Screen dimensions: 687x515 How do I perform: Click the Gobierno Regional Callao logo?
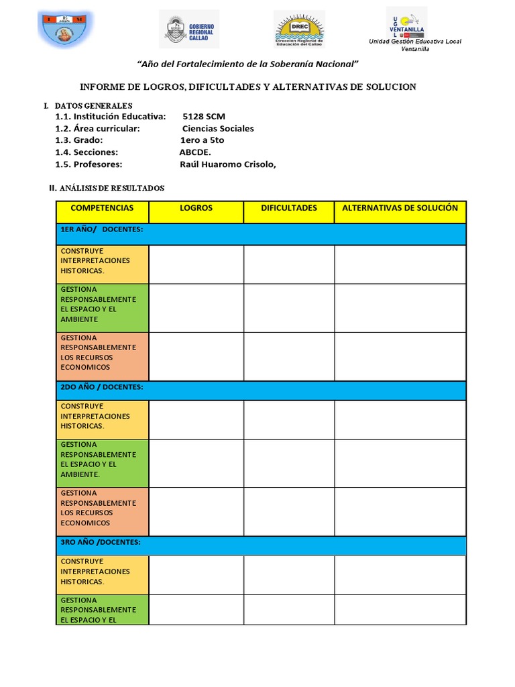(188, 30)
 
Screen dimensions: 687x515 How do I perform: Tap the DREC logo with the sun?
(299, 30)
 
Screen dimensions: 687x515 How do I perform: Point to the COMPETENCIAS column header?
(102, 209)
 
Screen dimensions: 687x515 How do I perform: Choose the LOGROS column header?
(196, 209)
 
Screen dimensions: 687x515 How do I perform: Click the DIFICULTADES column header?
(289, 209)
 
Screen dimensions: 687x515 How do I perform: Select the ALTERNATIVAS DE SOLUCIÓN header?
(400, 209)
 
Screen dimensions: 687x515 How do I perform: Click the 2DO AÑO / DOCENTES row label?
(102, 387)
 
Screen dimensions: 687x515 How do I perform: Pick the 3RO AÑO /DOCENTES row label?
(101, 542)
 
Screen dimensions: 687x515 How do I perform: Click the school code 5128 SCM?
(204, 117)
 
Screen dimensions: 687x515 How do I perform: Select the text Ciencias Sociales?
(218, 129)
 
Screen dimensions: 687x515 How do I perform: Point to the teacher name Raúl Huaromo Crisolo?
(227, 164)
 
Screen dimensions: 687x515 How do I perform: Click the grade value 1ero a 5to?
(202, 140)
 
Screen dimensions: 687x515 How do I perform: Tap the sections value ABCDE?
(195, 152)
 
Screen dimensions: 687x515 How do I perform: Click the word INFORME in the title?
(101, 87)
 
